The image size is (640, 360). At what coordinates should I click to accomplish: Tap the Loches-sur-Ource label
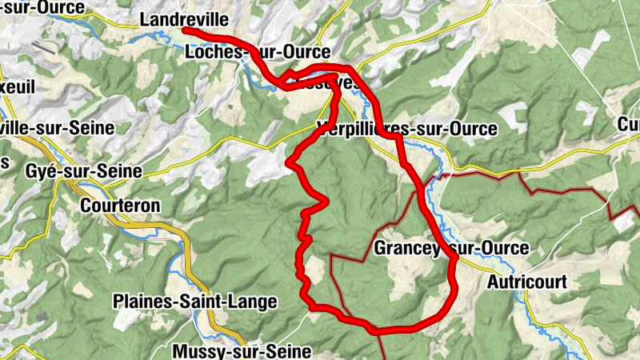point(257,53)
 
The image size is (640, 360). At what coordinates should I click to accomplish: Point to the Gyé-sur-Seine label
point(83,171)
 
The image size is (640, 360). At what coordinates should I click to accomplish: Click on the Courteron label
point(120,206)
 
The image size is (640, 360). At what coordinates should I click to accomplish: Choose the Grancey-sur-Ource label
point(451,249)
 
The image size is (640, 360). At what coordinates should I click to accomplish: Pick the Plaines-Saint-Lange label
point(195,302)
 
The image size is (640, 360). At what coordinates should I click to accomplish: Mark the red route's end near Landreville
point(186,30)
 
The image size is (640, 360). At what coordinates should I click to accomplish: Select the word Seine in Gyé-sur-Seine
point(121,171)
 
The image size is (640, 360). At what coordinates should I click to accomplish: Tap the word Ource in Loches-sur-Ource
point(307,53)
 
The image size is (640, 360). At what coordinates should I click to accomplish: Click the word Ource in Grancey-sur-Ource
point(505,249)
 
